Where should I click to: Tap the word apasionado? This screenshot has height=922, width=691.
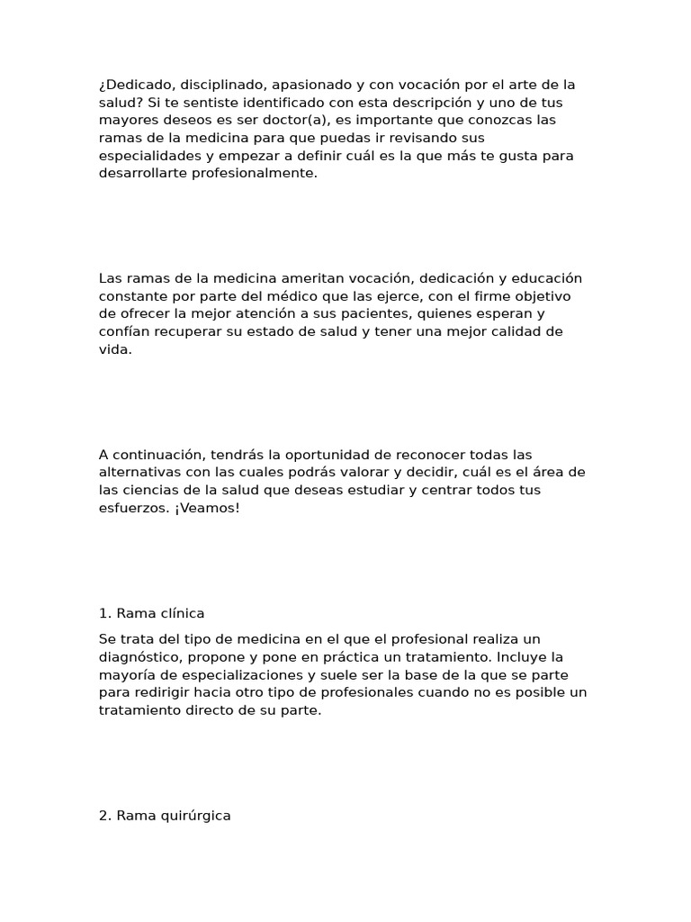coord(307,85)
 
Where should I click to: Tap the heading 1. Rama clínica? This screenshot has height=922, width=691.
coord(151,613)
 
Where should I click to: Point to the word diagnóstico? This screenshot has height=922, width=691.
coord(142,657)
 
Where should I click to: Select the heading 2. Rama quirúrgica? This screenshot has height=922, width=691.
coord(165,816)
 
